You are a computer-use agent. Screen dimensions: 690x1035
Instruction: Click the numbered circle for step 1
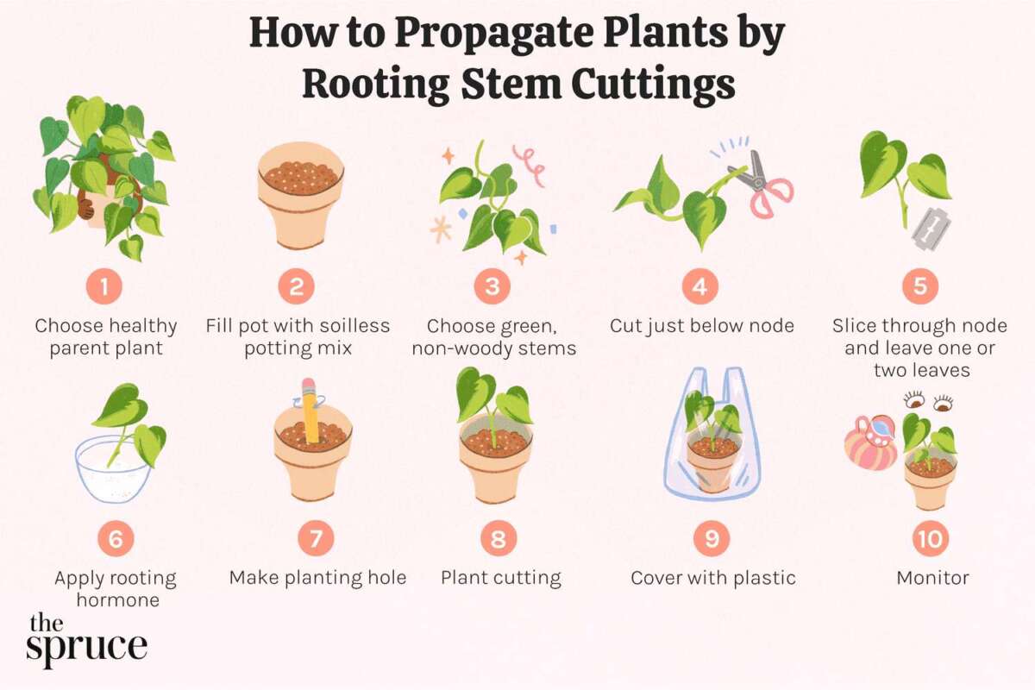tap(104, 287)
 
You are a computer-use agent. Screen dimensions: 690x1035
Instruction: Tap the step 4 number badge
tap(699, 287)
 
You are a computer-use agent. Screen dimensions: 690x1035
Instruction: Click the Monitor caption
tap(932, 578)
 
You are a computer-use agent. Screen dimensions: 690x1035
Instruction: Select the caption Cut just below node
tap(701, 326)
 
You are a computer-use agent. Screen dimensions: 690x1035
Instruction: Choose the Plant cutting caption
tap(500, 578)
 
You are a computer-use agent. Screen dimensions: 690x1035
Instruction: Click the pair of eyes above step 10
tap(928, 400)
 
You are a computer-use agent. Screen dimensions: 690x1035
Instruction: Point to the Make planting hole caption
tap(317, 578)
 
